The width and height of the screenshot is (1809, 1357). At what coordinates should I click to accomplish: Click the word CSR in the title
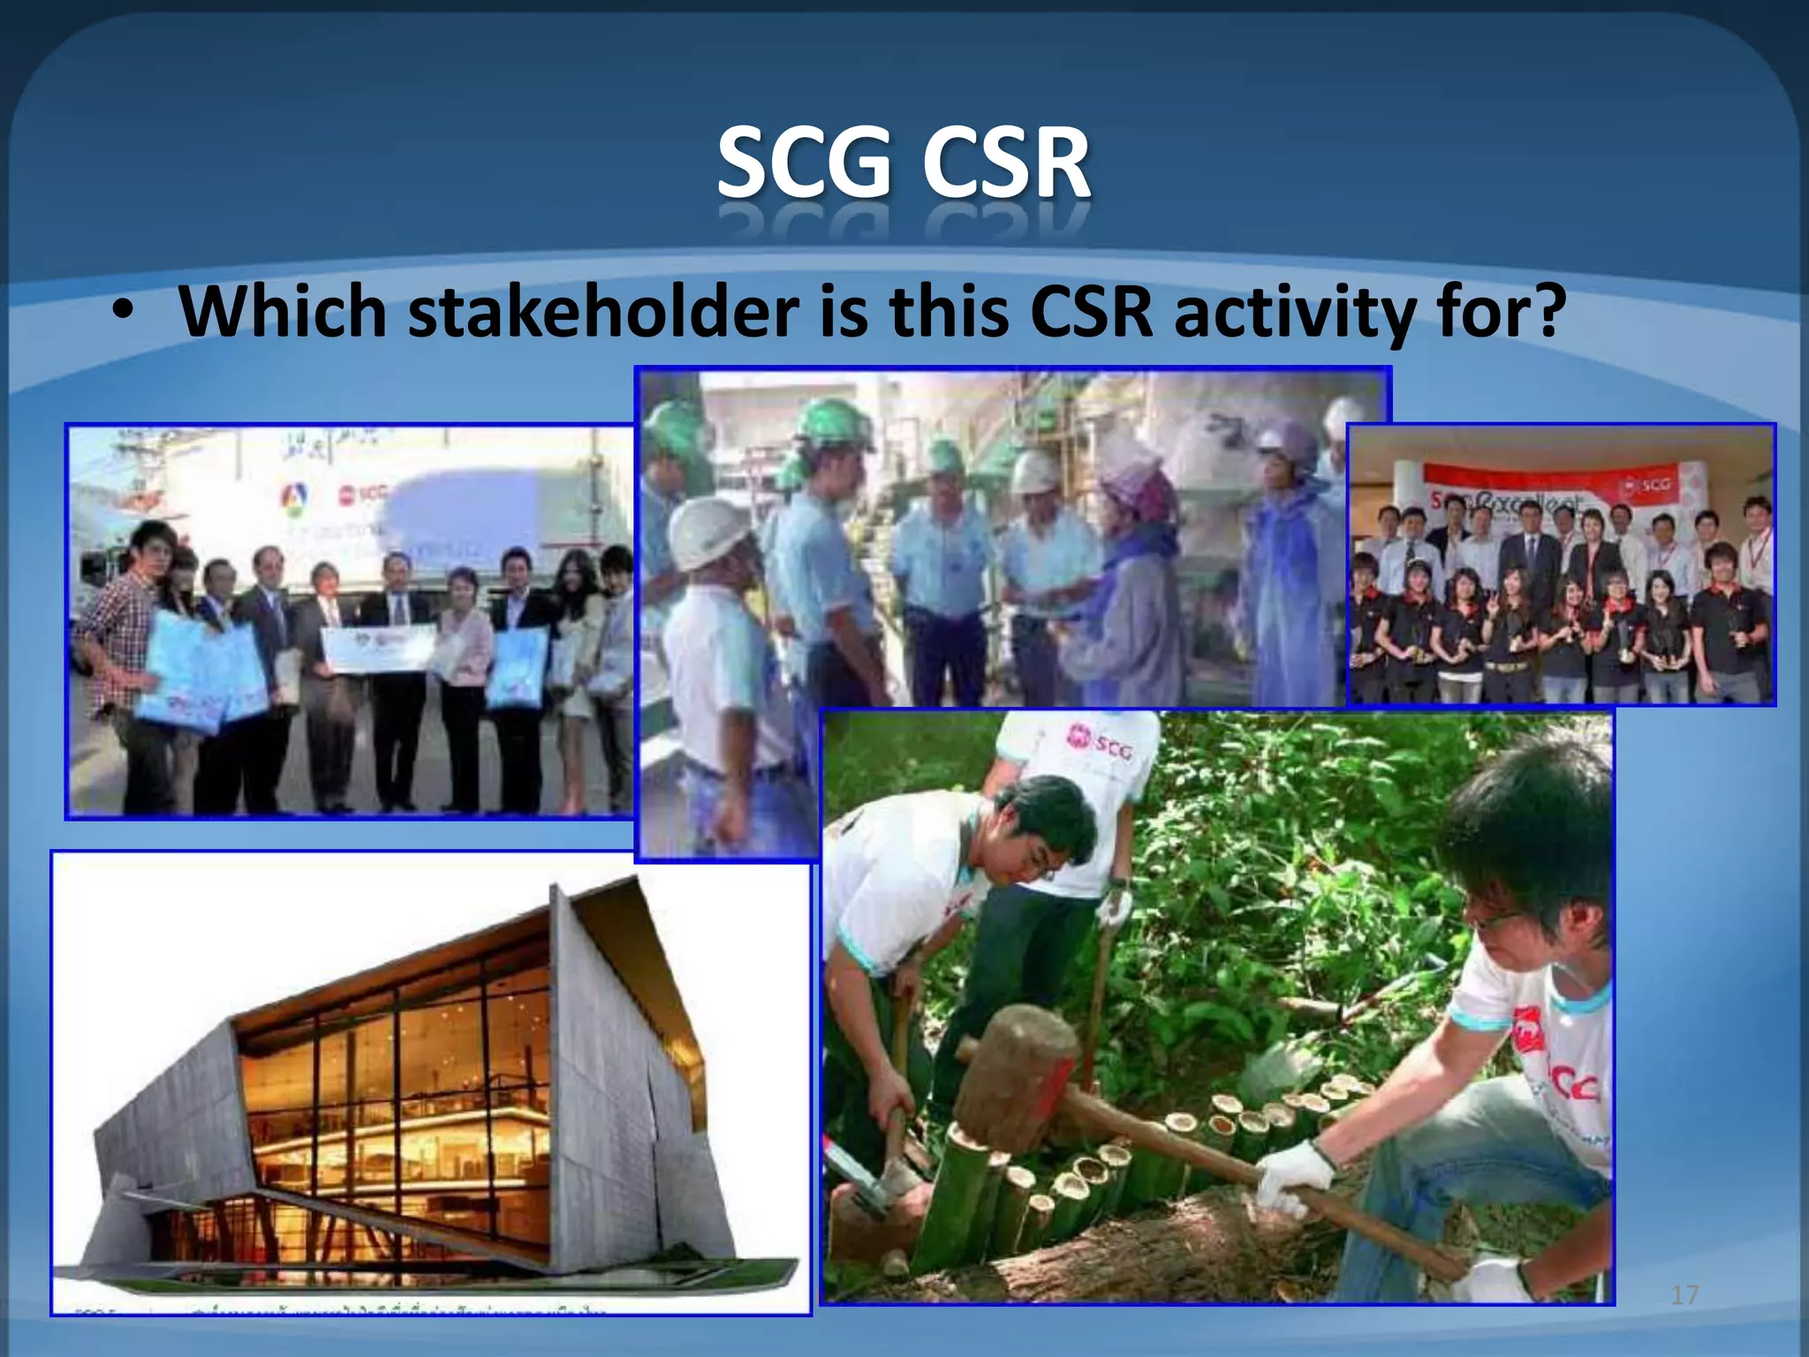1007,163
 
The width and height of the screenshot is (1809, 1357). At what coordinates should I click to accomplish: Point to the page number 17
1684,1295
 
